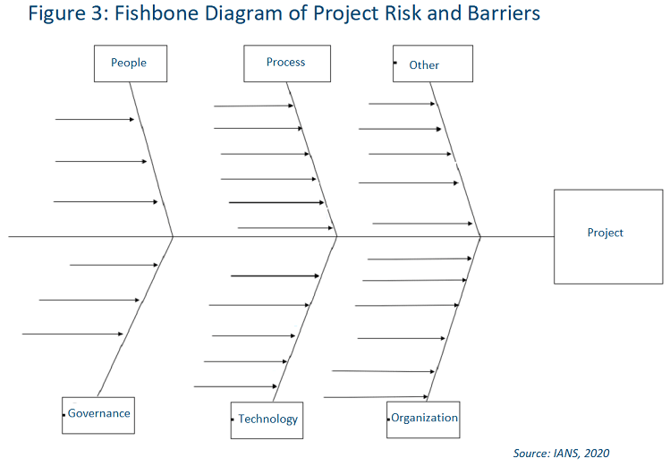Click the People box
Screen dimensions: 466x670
[129, 64]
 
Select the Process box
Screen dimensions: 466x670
[286, 64]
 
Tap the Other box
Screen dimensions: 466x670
[432, 64]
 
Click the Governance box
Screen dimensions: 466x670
[98, 414]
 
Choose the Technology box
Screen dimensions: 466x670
[267, 419]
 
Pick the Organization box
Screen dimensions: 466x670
[423, 419]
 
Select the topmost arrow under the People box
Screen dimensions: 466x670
[94, 119]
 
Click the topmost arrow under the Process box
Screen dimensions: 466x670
[253, 106]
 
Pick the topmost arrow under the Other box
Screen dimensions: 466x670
[402, 104]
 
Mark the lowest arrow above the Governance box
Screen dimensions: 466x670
[72, 334]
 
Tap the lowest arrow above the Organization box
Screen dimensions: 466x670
[375, 397]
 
